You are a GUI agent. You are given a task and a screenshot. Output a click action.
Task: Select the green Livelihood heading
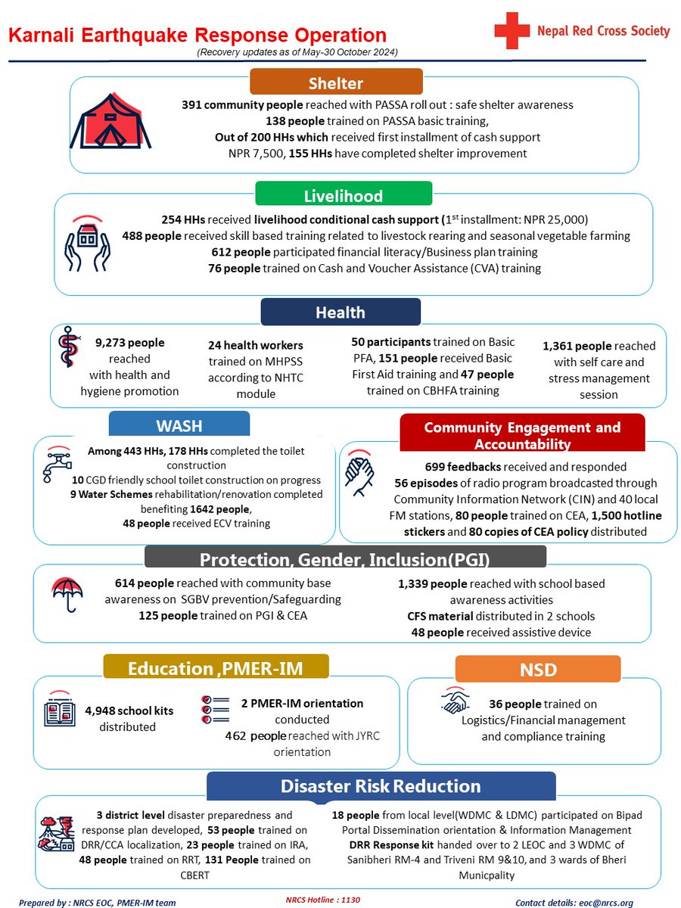pos(343,196)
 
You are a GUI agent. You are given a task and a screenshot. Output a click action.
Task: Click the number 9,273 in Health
pos(115,343)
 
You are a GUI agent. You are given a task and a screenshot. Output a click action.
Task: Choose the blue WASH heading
pos(179,424)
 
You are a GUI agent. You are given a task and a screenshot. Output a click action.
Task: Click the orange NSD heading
pos(537,669)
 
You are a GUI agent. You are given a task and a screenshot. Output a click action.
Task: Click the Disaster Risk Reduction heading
pos(381,786)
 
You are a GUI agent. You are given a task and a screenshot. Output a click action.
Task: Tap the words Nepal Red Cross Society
pos(603,31)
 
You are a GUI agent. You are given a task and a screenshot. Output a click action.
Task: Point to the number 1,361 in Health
pos(562,346)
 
